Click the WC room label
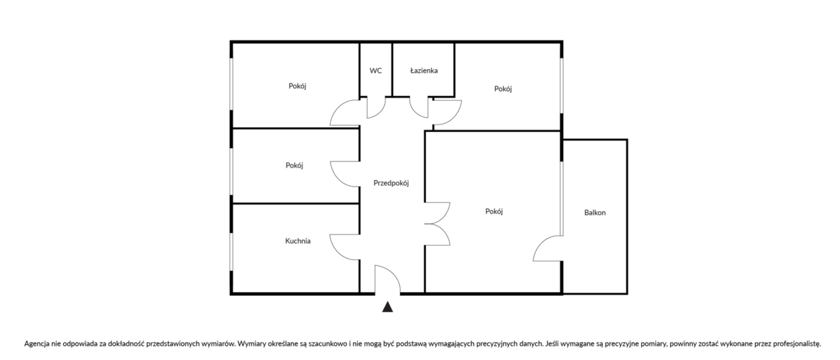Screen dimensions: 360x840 (376, 71)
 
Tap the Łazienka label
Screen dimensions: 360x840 (423, 71)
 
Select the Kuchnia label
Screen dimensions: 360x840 (297, 240)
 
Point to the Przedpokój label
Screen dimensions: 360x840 (391, 183)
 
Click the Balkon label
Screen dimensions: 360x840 (595, 212)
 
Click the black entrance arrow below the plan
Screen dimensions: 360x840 (387, 307)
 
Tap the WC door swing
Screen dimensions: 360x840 (377, 108)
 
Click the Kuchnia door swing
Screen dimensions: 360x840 (344, 245)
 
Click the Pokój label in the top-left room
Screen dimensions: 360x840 (297, 86)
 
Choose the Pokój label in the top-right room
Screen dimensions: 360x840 (503, 89)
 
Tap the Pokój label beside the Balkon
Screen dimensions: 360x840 (494, 211)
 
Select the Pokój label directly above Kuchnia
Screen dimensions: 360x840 (295, 165)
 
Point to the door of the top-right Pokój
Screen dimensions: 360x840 (447, 112)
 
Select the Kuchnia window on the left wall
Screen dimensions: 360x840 (232, 252)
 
